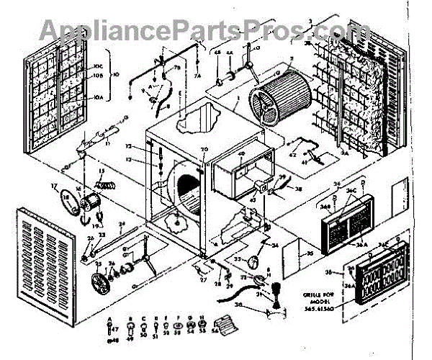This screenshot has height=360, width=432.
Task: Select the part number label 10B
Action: pos(99,74)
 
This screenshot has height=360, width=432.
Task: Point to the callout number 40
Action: pos(241,154)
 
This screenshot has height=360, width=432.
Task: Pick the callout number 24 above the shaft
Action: pos(122,225)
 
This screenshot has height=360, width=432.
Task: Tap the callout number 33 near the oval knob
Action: pos(237,258)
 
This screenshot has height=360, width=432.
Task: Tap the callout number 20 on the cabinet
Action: pos(204,150)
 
